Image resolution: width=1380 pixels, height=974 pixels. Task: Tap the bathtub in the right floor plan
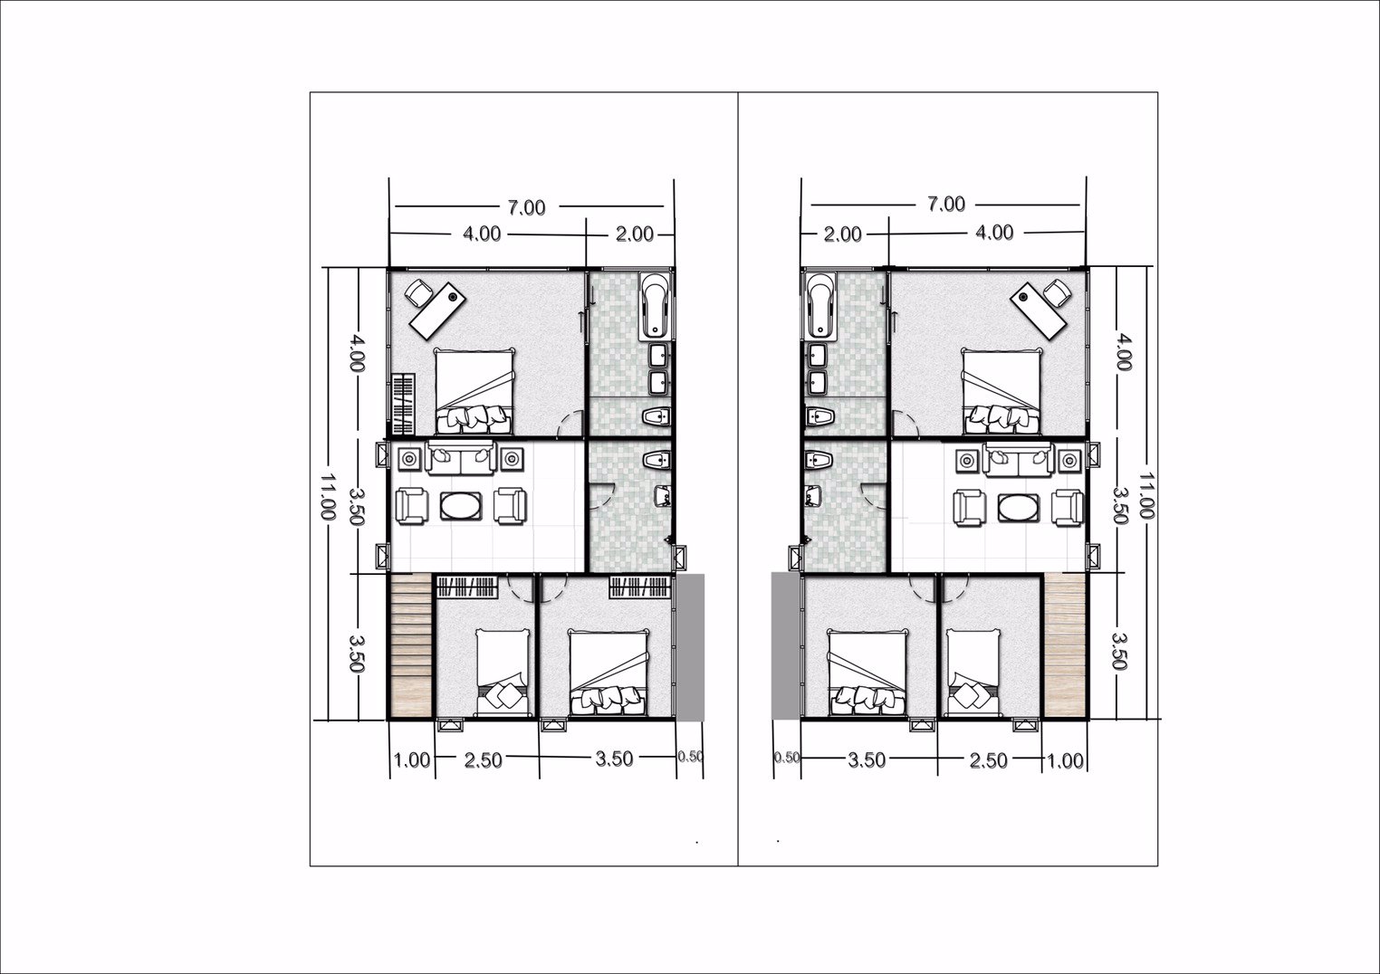tap(819, 304)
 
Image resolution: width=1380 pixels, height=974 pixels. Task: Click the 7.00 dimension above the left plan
tap(525, 207)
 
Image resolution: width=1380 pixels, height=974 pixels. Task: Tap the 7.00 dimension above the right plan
tap(945, 205)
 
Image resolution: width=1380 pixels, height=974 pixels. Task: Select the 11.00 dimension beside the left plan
tap(327, 495)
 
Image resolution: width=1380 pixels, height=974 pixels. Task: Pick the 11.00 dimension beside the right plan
tap(1146, 495)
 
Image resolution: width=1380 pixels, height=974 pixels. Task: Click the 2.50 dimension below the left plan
tap(483, 760)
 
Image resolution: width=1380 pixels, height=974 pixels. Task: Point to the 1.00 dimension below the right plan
tap(1065, 760)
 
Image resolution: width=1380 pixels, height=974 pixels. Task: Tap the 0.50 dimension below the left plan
tap(690, 758)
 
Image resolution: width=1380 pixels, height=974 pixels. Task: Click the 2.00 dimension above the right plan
tap(842, 234)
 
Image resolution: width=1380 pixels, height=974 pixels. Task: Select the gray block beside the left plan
tap(691, 646)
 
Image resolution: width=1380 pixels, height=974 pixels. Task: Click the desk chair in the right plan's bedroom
tap(1055, 291)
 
